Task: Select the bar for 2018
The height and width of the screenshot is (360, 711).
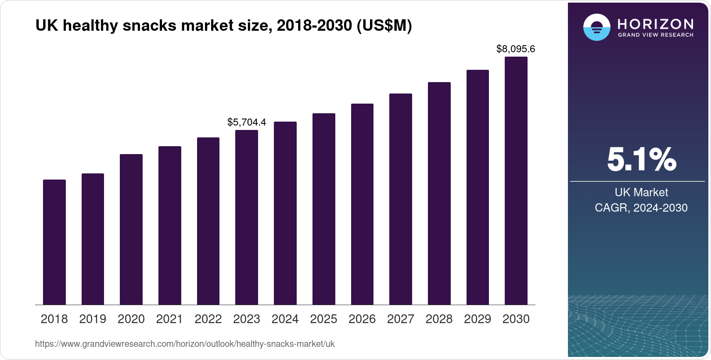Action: (x=54, y=242)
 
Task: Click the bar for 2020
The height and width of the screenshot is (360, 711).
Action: (x=131, y=229)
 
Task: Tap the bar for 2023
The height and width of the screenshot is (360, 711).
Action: (x=247, y=217)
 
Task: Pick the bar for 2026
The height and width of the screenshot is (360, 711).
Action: (x=362, y=204)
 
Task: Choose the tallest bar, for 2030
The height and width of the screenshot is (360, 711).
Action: (x=516, y=180)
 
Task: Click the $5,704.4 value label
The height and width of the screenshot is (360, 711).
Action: (x=247, y=122)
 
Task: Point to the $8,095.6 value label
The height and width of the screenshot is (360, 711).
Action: (x=516, y=49)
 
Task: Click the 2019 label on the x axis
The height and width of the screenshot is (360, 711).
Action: (x=93, y=319)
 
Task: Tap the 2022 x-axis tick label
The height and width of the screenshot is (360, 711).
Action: (x=208, y=319)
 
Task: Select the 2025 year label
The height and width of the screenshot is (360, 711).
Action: (x=323, y=319)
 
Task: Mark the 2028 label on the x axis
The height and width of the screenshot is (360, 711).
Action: (x=439, y=319)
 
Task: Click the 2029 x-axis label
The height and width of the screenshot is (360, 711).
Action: (x=478, y=319)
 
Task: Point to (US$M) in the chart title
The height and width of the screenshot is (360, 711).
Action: (x=384, y=25)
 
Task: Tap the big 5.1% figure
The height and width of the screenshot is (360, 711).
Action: (x=641, y=160)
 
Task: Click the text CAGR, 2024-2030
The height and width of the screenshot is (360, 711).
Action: (x=641, y=208)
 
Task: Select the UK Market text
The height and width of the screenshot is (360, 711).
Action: (x=641, y=192)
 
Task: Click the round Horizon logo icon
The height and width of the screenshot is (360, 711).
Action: (x=596, y=27)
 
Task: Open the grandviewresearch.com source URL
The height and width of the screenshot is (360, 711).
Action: (x=185, y=344)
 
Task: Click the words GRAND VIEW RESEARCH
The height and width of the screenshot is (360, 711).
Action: (x=655, y=35)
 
